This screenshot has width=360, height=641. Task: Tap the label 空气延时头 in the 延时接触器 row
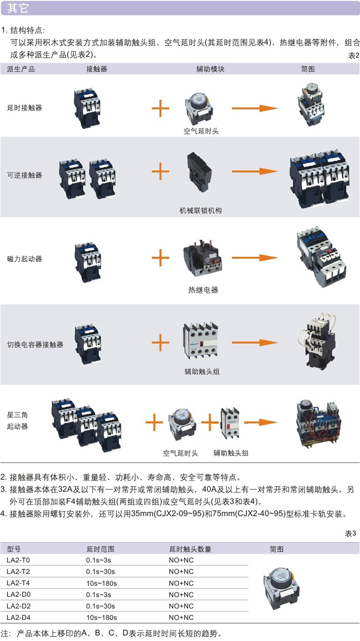click(x=201, y=131)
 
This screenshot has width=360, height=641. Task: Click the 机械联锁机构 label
click(x=201, y=210)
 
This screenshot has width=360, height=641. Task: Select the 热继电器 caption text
click(x=203, y=290)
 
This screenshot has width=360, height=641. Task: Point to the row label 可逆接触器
click(x=25, y=175)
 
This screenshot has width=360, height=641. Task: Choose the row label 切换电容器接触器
click(x=35, y=344)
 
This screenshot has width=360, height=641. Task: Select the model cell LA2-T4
click(x=19, y=583)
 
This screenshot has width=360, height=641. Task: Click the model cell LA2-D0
click(x=19, y=595)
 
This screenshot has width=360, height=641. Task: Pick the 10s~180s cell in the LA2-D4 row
click(x=102, y=617)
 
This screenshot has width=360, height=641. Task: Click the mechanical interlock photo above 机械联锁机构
click(x=201, y=175)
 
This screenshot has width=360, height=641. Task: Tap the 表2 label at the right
click(x=353, y=55)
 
